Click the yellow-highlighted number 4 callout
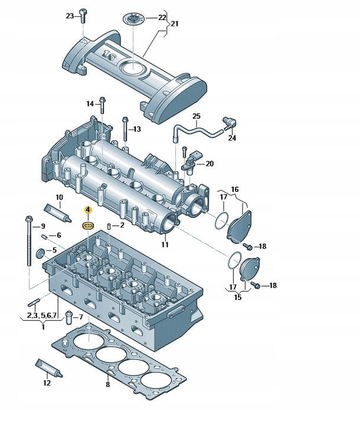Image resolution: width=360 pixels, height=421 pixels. pos(87,209)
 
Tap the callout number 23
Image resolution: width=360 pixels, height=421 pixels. pos(70,15)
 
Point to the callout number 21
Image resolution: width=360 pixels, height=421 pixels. pos(174,24)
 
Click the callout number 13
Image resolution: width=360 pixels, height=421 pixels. pos(137,129)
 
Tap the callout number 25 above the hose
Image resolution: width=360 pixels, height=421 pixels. pos(197,116)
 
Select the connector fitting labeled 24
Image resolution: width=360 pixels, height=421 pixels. pos(228,123)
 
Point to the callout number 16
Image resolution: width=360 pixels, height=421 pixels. pos(234,189)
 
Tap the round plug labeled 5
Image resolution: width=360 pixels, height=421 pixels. pos(41,253)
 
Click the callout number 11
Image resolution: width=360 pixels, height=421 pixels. pos(165,244)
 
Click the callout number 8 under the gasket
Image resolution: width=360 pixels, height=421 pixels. pos(107,384)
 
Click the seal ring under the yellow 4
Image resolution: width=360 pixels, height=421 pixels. pos(87,224)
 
